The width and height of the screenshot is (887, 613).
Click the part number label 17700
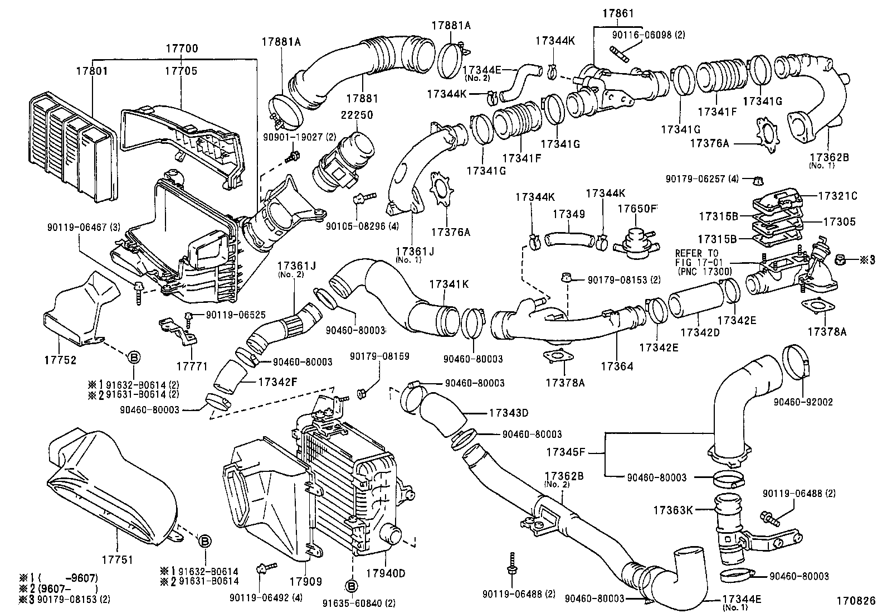point(181,49)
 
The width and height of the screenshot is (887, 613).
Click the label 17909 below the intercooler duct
point(306,582)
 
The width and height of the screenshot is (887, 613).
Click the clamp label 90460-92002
point(802,402)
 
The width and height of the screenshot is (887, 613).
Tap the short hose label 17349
point(568,214)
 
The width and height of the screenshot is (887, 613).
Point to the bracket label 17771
point(192,366)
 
